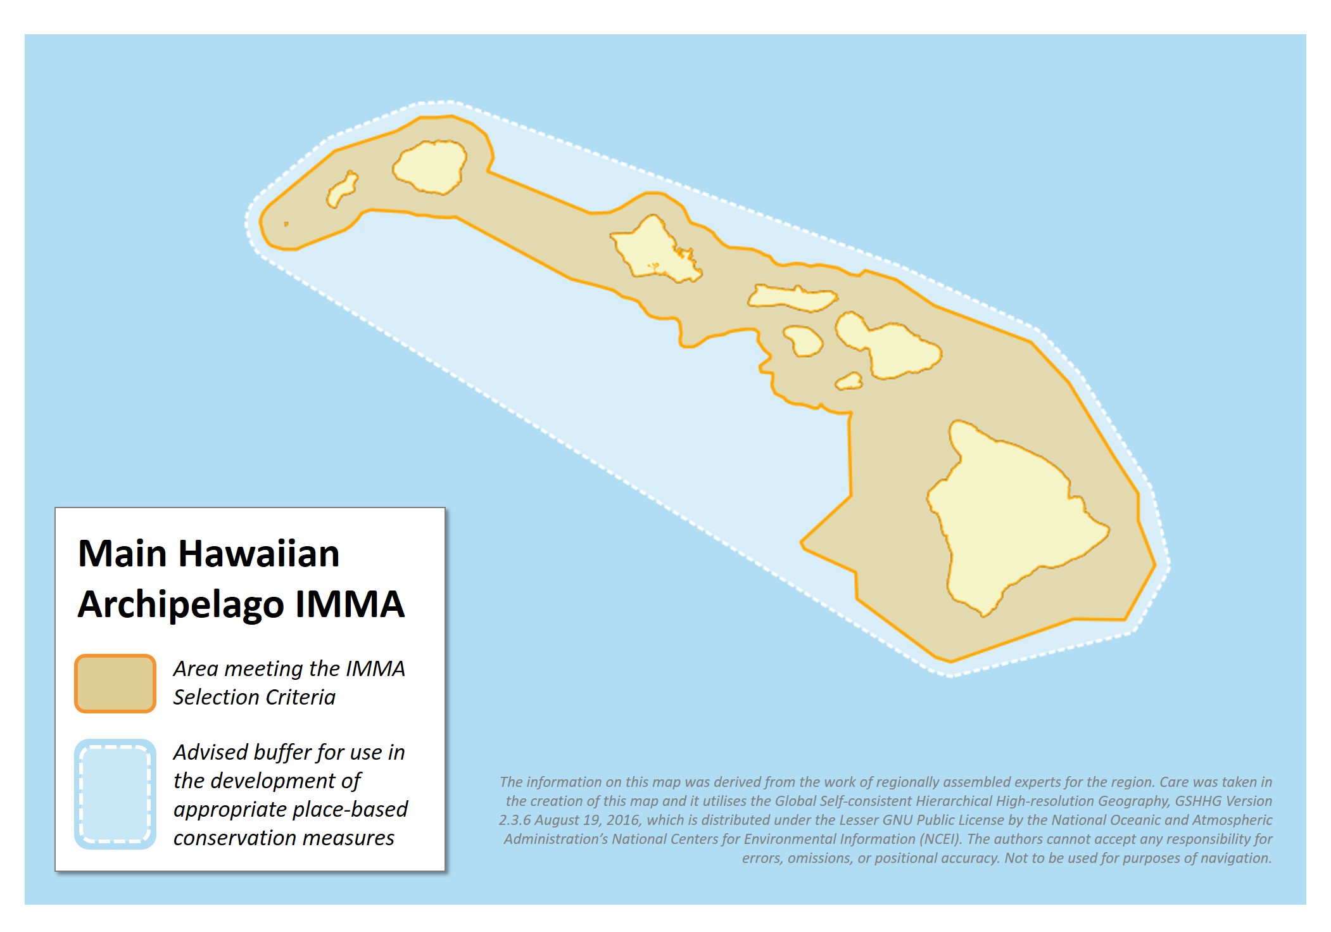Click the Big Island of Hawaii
point(1007,513)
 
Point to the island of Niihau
point(342,189)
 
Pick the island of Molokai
point(792,297)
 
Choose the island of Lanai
point(804,342)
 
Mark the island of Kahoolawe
point(849,381)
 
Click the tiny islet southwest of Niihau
point(286,224)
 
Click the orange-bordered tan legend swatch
point(115,684)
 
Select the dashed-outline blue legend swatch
point(115,794)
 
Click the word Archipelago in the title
point(180,604)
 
